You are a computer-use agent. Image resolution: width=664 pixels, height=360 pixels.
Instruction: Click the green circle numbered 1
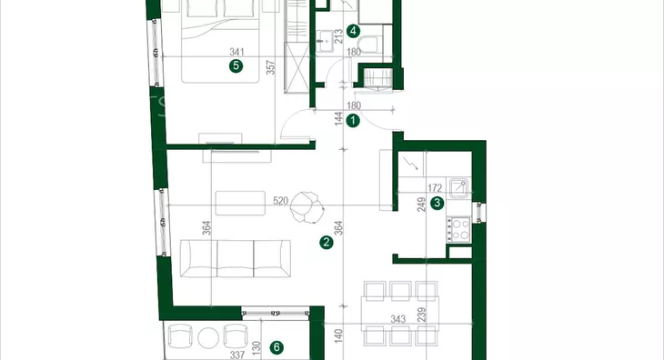(x=353, y=121)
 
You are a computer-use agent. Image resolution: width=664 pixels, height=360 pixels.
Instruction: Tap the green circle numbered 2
(x=326, y=243)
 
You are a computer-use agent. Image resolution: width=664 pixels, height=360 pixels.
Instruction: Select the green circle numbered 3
(x=437, y=203)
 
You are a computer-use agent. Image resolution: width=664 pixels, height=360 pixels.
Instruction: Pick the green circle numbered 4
(x=353, y=31)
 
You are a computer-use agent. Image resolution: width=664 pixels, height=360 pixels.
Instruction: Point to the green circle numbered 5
(x=236, y=66)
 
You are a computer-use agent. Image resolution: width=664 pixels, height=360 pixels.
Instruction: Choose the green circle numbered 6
(x=277, y=348)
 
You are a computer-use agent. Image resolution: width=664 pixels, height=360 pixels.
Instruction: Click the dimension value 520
(x=280, y=201)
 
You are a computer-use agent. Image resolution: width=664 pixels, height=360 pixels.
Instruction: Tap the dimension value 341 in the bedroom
(x=236, y=52)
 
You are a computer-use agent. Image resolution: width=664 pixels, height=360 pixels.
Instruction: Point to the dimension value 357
(x=270, y=67)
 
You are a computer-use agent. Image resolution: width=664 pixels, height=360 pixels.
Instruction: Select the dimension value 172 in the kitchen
(x=435, y=187)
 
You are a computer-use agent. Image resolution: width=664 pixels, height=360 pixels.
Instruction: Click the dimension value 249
(x=421, y=205)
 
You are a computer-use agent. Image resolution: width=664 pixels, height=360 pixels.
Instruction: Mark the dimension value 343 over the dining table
(x=398, y=319)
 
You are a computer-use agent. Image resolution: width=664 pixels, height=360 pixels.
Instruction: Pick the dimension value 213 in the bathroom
(x=338, y=36)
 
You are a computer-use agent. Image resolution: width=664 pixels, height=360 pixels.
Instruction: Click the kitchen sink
(x=459, y=188)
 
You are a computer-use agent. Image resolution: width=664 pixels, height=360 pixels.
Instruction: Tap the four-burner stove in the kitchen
(x=458, y=230)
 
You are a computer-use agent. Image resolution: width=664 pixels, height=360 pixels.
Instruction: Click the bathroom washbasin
(x=325, y=42)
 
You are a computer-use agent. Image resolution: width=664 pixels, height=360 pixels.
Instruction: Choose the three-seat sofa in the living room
(x=236, y=258)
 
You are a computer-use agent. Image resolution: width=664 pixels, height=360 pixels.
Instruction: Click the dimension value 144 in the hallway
(x=338, y=118)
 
